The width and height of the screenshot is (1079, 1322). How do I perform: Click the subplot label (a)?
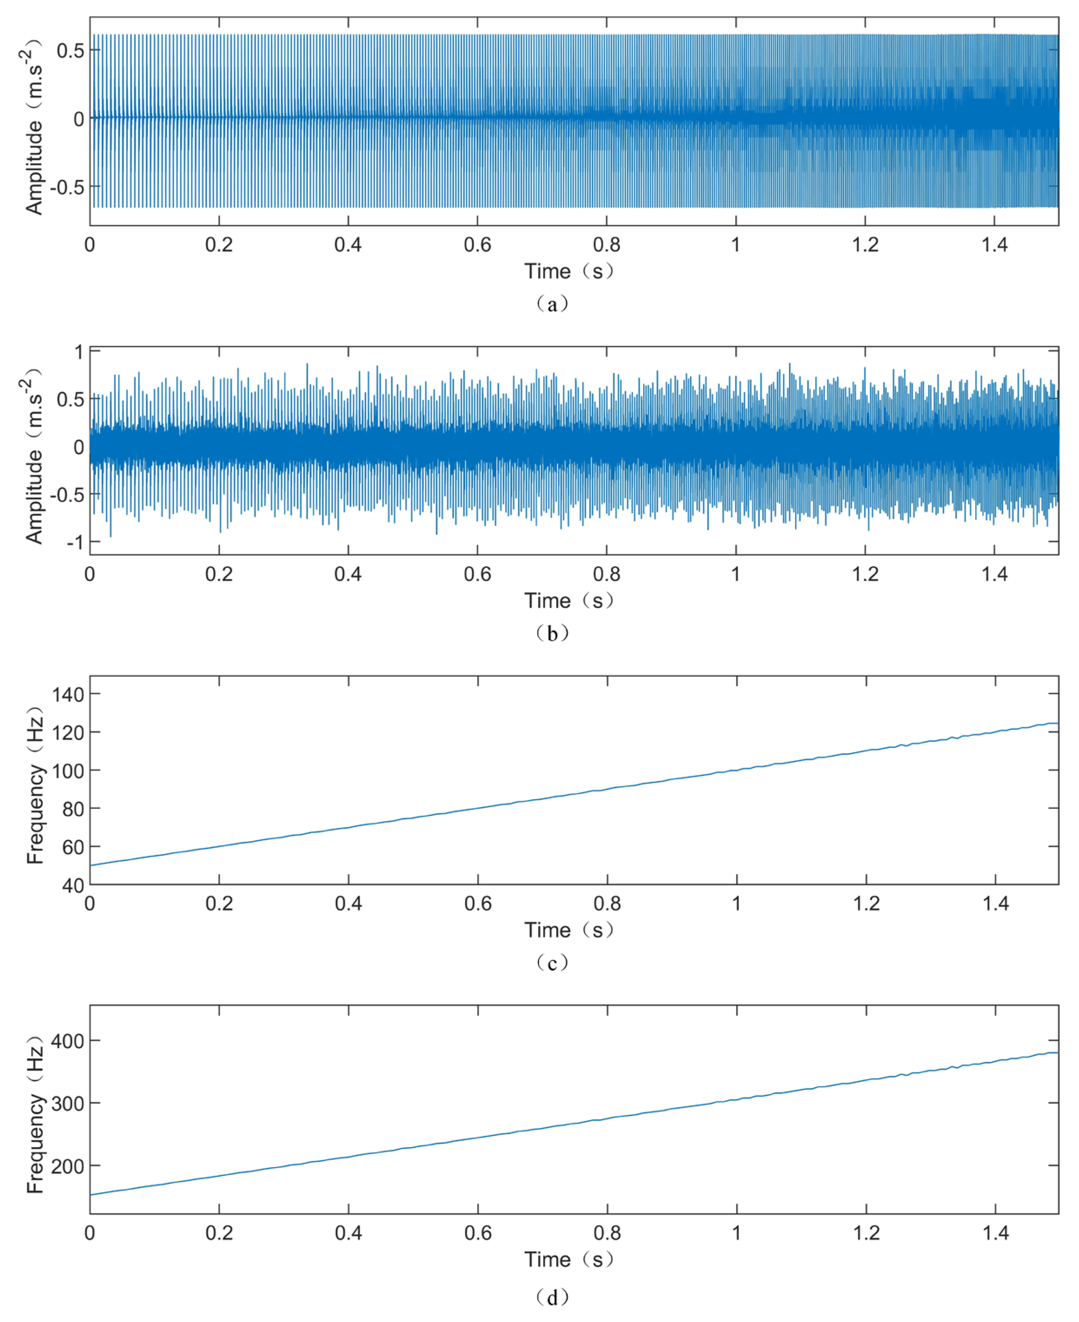pos(552,304)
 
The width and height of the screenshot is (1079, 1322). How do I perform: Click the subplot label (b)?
pos(552,634)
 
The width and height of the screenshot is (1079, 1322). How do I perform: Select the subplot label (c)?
pos(552,963)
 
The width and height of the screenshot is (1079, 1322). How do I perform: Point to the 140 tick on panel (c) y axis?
pos(68,694)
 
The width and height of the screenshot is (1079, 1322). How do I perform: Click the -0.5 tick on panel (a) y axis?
pos(66,187)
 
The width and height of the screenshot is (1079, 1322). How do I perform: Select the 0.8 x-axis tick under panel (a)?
pos(607,245)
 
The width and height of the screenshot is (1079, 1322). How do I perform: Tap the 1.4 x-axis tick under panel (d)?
pos(996,1233)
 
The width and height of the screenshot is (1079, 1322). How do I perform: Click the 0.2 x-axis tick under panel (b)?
pos(219,574)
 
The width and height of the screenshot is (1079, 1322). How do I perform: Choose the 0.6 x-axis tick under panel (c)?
pos(478,904)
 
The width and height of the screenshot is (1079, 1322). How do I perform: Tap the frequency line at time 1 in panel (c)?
pos(737,771)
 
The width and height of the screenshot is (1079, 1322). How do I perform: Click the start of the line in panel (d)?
pos(91,1195)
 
